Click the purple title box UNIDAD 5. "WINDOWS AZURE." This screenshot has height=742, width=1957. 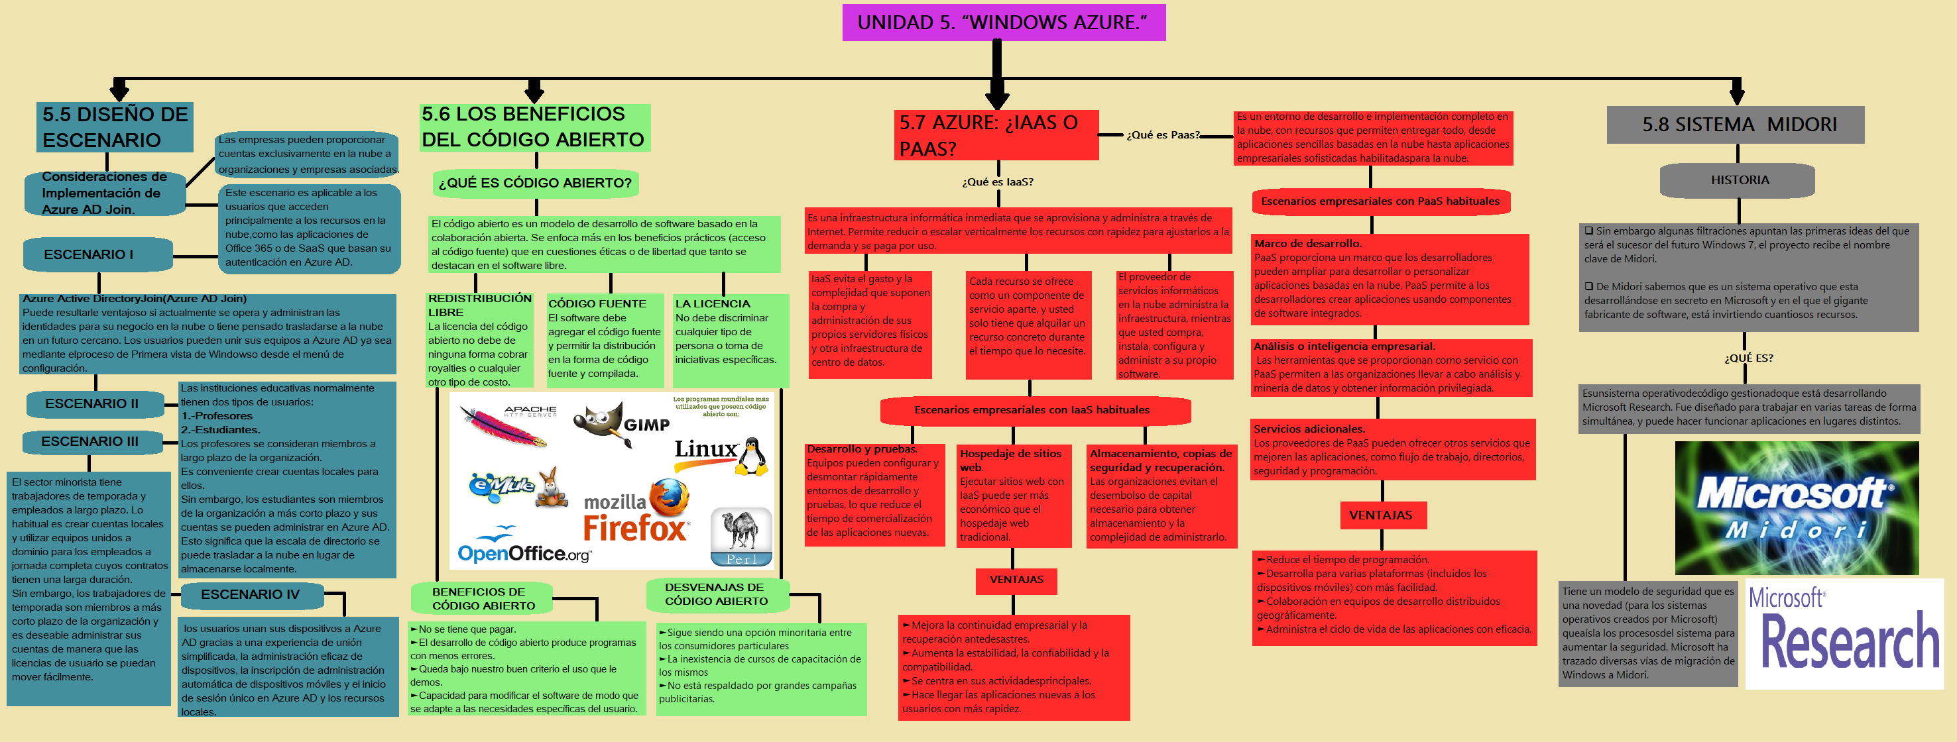click(1003, 22)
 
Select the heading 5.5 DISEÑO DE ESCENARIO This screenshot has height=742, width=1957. click(115, 127)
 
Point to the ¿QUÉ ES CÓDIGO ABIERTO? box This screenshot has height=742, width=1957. click(535, 183)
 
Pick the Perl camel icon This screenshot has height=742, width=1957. click(741, 536)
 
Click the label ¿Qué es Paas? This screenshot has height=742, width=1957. click(1162, 135)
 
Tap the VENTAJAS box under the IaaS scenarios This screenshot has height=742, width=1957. click(1016, 580)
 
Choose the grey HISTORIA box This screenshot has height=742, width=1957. click(1739, 180)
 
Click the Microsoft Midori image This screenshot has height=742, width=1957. click(1796, 508)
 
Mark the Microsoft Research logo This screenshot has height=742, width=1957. click(1844, 634)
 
